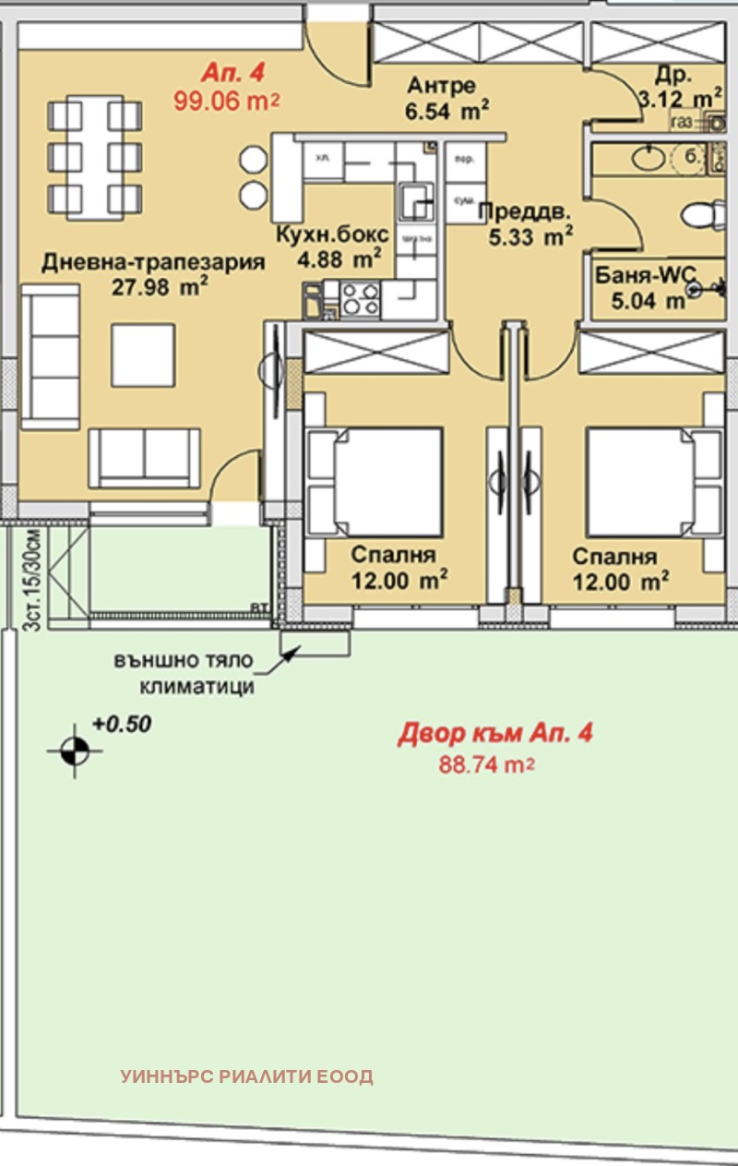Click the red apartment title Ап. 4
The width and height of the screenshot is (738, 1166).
click(x=225, y=74)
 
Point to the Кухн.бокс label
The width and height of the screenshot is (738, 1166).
click(x=331, y=234)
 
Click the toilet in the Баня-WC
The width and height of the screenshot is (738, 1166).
click(x=704, y=215)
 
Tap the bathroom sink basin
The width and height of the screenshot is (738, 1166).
click(x=650, y=159)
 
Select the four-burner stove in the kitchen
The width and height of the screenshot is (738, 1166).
click(x=360, y=296)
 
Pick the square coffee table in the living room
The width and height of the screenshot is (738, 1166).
click(x=143, y=355)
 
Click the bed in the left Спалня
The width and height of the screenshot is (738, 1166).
click(x=378, y=480)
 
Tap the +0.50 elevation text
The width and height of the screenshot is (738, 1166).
click(x=122, y=725)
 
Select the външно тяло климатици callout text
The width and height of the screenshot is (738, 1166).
click(x=184, y=674)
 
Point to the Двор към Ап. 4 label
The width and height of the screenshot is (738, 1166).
click(x=494, y=734)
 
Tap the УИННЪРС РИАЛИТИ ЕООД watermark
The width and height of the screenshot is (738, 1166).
click(x=246, y=1076)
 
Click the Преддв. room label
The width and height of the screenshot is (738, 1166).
click(x=523, y=211)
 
